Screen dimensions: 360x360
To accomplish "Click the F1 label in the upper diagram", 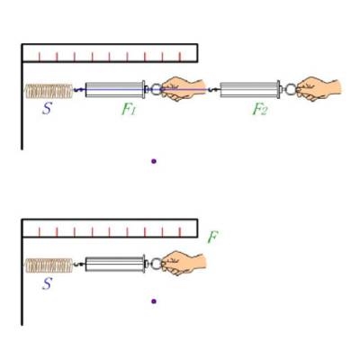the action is tap(129, 109).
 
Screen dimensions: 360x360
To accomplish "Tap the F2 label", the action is tap(259, 109).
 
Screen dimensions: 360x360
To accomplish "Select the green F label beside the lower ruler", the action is tap(212, 238).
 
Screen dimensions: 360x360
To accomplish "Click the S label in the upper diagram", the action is tap(47, 108).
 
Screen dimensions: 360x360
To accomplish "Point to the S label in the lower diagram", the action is tap(47, 283).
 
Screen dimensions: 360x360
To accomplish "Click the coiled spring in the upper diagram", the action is tap(49, 91).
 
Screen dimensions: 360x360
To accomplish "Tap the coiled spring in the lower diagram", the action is tap(49, 265).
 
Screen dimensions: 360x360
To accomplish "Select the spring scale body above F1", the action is tap(115, 90).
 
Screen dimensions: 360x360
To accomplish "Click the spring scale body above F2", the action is tap(250, 89).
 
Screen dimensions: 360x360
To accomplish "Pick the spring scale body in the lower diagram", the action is tap(115, 264).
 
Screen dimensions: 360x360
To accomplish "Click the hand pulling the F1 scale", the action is tap(183, 88).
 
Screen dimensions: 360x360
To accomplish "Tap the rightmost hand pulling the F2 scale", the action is tap(318, 88).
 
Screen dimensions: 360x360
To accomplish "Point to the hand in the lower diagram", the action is tap(184, 263).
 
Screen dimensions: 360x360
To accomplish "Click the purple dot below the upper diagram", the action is tap(154, 161).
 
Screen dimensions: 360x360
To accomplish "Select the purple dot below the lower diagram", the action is tap(154, 301).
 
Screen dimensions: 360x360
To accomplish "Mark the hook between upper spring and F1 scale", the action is tap(79, 89).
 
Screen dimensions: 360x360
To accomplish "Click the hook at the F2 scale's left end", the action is tap(214, 89).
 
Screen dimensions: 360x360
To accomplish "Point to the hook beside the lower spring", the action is tap(79, 265).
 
